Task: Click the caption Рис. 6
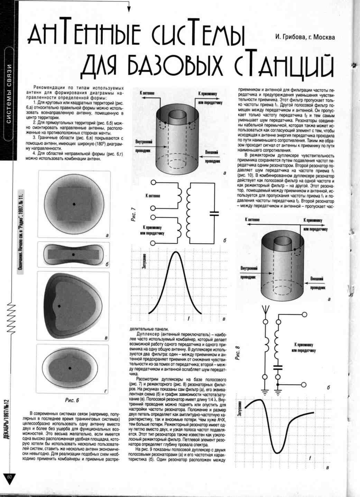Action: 72,400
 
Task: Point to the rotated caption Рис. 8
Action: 238,353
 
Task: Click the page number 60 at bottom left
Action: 9,477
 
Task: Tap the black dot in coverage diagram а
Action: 74,204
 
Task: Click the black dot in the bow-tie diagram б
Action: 73,255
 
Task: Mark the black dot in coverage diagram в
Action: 59,306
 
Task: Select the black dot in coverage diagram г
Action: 70,368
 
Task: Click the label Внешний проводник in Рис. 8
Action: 317,283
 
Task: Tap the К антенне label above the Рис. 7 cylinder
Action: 148,93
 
